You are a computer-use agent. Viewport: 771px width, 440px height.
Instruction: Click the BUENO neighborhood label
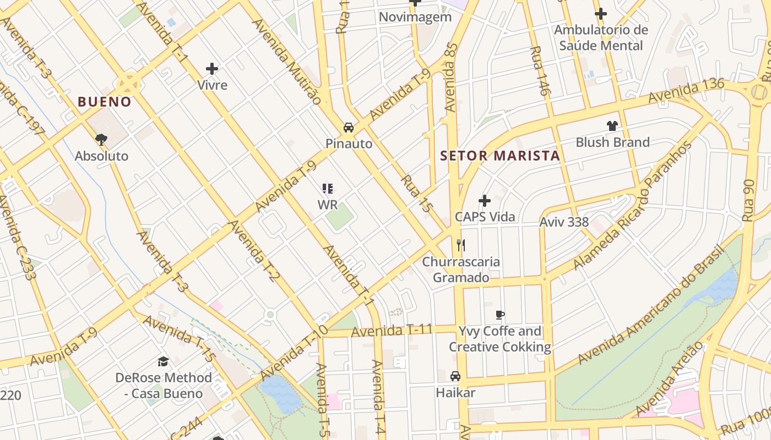105,102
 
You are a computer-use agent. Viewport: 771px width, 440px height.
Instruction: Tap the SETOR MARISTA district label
500,156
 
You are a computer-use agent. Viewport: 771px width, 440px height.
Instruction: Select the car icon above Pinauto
349,128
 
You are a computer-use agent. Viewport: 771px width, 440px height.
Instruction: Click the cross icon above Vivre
212,69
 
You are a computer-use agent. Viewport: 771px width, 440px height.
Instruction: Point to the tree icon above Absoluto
101,139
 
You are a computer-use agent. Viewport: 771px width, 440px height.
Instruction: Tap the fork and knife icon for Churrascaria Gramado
461,245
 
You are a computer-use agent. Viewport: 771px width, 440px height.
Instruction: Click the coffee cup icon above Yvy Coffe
500,315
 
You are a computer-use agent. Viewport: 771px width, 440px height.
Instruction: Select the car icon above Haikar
455,376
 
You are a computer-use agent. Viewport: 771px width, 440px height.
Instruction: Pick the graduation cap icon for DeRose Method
164,361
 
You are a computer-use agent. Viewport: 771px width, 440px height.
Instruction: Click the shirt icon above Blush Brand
612,126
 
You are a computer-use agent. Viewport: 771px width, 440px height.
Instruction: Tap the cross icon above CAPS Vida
485,201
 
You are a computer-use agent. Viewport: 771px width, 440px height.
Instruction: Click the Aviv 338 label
564,222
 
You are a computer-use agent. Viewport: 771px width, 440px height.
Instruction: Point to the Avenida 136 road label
686,91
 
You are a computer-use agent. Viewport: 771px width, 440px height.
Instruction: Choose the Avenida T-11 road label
392,331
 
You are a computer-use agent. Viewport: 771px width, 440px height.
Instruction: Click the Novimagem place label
415,17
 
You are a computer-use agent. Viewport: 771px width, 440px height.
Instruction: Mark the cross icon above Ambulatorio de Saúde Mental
601,14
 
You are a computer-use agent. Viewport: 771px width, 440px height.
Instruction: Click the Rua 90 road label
748,200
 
